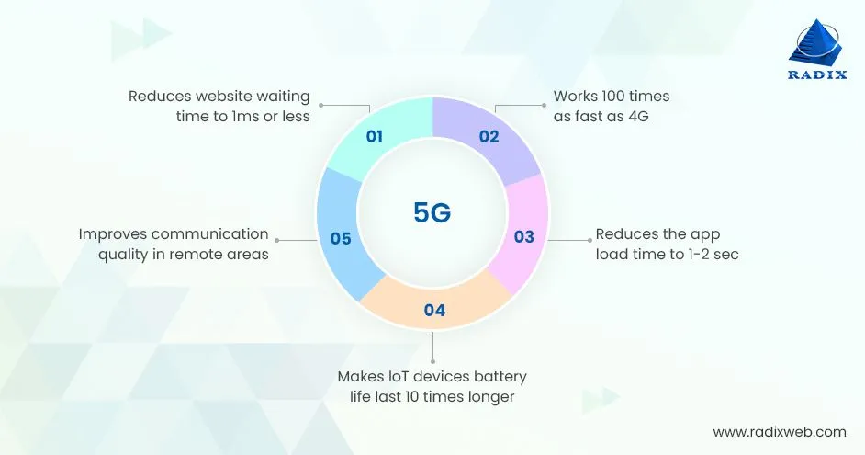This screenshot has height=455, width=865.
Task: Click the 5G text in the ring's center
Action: (432, 212)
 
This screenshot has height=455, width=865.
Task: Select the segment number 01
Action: (374, 138)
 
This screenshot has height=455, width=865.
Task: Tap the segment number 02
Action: (489, 138)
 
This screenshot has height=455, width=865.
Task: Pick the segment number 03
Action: (523, 237)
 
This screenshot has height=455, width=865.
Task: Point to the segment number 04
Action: (434, 311)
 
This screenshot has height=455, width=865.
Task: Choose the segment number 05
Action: (341, 238)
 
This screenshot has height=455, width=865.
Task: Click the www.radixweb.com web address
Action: (780, 431)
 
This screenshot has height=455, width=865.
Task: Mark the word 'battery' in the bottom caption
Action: (500, 377)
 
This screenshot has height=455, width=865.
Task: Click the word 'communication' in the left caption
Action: (209, 233)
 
